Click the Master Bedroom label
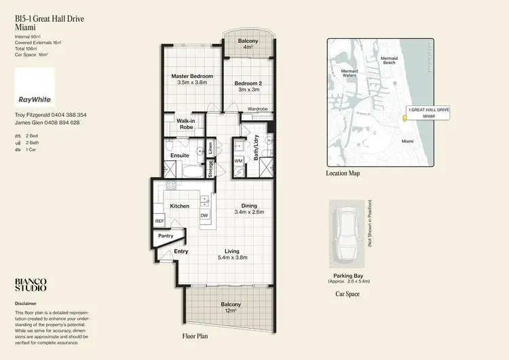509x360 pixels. click(191, 75)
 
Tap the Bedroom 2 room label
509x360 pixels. click(249, 84)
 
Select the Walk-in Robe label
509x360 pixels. click(186, 124)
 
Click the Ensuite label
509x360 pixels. click(180, 156)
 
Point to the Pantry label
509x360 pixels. click(166, 236)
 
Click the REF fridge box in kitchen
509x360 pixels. click(159, 221)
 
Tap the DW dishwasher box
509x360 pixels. click(204, 215)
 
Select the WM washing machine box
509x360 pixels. click(239, 160)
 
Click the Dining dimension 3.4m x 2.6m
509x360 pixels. click(249, 213)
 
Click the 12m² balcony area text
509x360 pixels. click(231, 311)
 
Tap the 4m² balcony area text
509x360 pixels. click(248, 48)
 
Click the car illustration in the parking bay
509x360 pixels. click(349, 234)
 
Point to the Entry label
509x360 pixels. click(181, 251)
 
